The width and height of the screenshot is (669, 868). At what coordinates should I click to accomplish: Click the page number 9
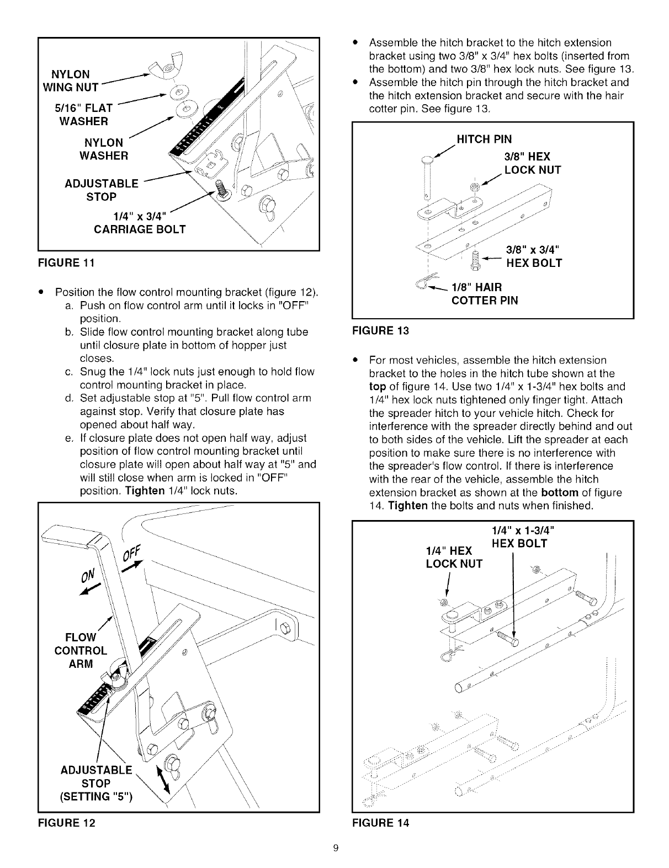click(x=335, y=848)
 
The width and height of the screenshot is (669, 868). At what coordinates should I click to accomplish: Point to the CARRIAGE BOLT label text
click(x=139, y=229)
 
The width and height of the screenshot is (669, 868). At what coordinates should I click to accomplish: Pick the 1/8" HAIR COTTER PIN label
click(x=484, y=294)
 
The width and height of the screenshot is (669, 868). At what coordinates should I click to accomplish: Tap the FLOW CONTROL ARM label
click(x=81, y=650)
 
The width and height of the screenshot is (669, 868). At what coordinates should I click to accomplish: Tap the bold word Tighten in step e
click(x=145, y=491)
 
